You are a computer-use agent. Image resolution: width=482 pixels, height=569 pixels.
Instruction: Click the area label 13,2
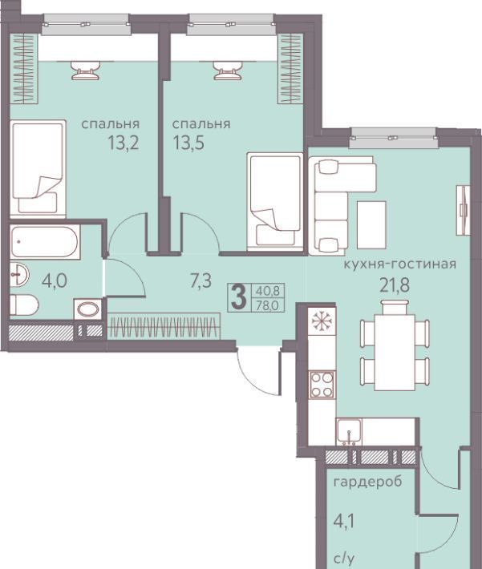click(x=124, y=143)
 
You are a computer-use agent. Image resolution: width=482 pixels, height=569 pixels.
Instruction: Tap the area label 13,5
click(x=188, y=143)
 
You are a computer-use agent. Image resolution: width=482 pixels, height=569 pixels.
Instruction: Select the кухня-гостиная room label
click(x=400, y=264)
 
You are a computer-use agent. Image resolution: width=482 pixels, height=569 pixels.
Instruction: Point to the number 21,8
click(x=395, y=285)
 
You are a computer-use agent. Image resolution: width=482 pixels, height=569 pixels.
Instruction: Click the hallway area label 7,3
click(x=200, y=280)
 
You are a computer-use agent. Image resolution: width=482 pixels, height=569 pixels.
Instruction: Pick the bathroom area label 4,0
click(x=55, y=280)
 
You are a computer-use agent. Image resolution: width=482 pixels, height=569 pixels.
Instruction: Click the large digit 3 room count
click(x=239, y=297)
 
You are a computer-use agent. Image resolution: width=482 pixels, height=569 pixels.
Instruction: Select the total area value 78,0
click(x=267, y=305)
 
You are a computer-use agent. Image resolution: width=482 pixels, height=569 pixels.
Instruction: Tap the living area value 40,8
click(x=267, y=291)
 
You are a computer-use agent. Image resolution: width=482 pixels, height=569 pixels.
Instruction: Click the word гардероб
click(x=367, y=482)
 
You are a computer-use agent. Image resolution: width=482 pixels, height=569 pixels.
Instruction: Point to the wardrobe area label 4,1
click(x=343, y=521)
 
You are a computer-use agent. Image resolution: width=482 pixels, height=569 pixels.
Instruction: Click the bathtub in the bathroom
click(x=45, y=242)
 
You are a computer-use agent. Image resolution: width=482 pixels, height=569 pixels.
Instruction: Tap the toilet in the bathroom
click(x=24, y=305)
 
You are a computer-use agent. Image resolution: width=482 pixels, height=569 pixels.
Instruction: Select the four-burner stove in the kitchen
click(x=322, y=385)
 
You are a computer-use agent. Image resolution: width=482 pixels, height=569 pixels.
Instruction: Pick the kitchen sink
click(x=349, y=432)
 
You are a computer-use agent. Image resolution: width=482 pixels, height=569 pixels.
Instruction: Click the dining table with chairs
click(x=395, y=347)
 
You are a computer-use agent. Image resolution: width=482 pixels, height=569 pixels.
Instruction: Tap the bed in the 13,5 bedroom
click(x=274, y=202)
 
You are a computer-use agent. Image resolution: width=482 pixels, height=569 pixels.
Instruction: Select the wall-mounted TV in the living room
click(x=464, y=210)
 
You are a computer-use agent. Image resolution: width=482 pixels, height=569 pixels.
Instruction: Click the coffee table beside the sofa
click(x=371, y=225)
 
